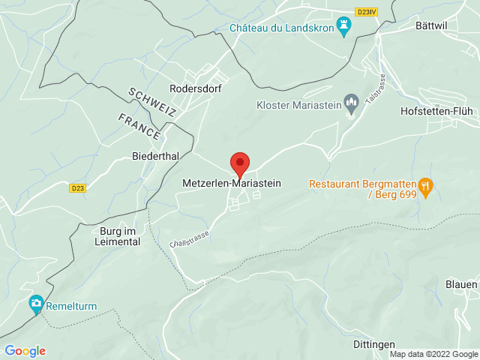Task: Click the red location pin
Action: tap(239, 163)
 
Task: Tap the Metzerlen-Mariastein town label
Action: tap(232, 182)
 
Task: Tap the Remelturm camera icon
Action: tap(35, 305)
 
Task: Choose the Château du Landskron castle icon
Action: tap(344, 28)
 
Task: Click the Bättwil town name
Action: tap(431, 25)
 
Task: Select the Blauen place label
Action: tap(461, 285)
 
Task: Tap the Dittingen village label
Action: tap(373, 343)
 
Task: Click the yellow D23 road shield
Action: tap(77, 188)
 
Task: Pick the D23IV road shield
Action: tap(366, 10)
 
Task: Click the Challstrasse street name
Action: tap(189, 239)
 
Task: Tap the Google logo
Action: tap(25, 350)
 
